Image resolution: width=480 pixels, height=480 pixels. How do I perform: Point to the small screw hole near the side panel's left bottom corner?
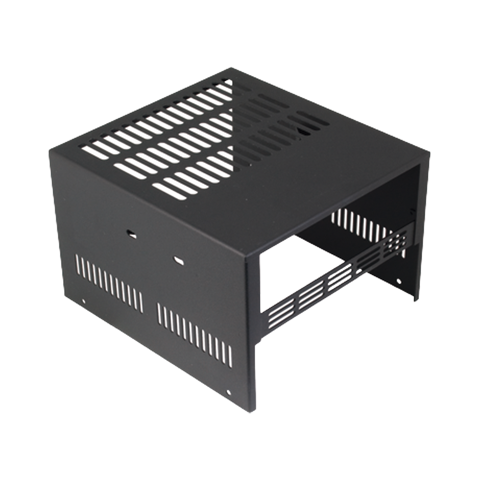tap(83, 302)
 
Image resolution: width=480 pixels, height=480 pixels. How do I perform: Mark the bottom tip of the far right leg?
tap(415, 302)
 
